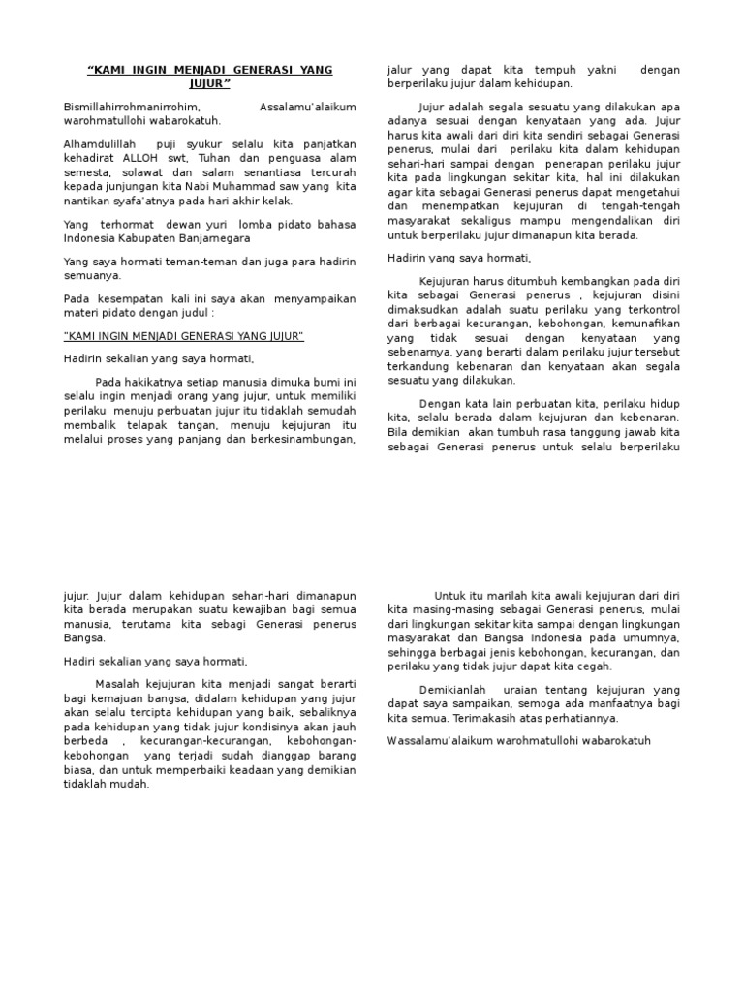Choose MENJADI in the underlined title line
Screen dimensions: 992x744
(x=145, y=336)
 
